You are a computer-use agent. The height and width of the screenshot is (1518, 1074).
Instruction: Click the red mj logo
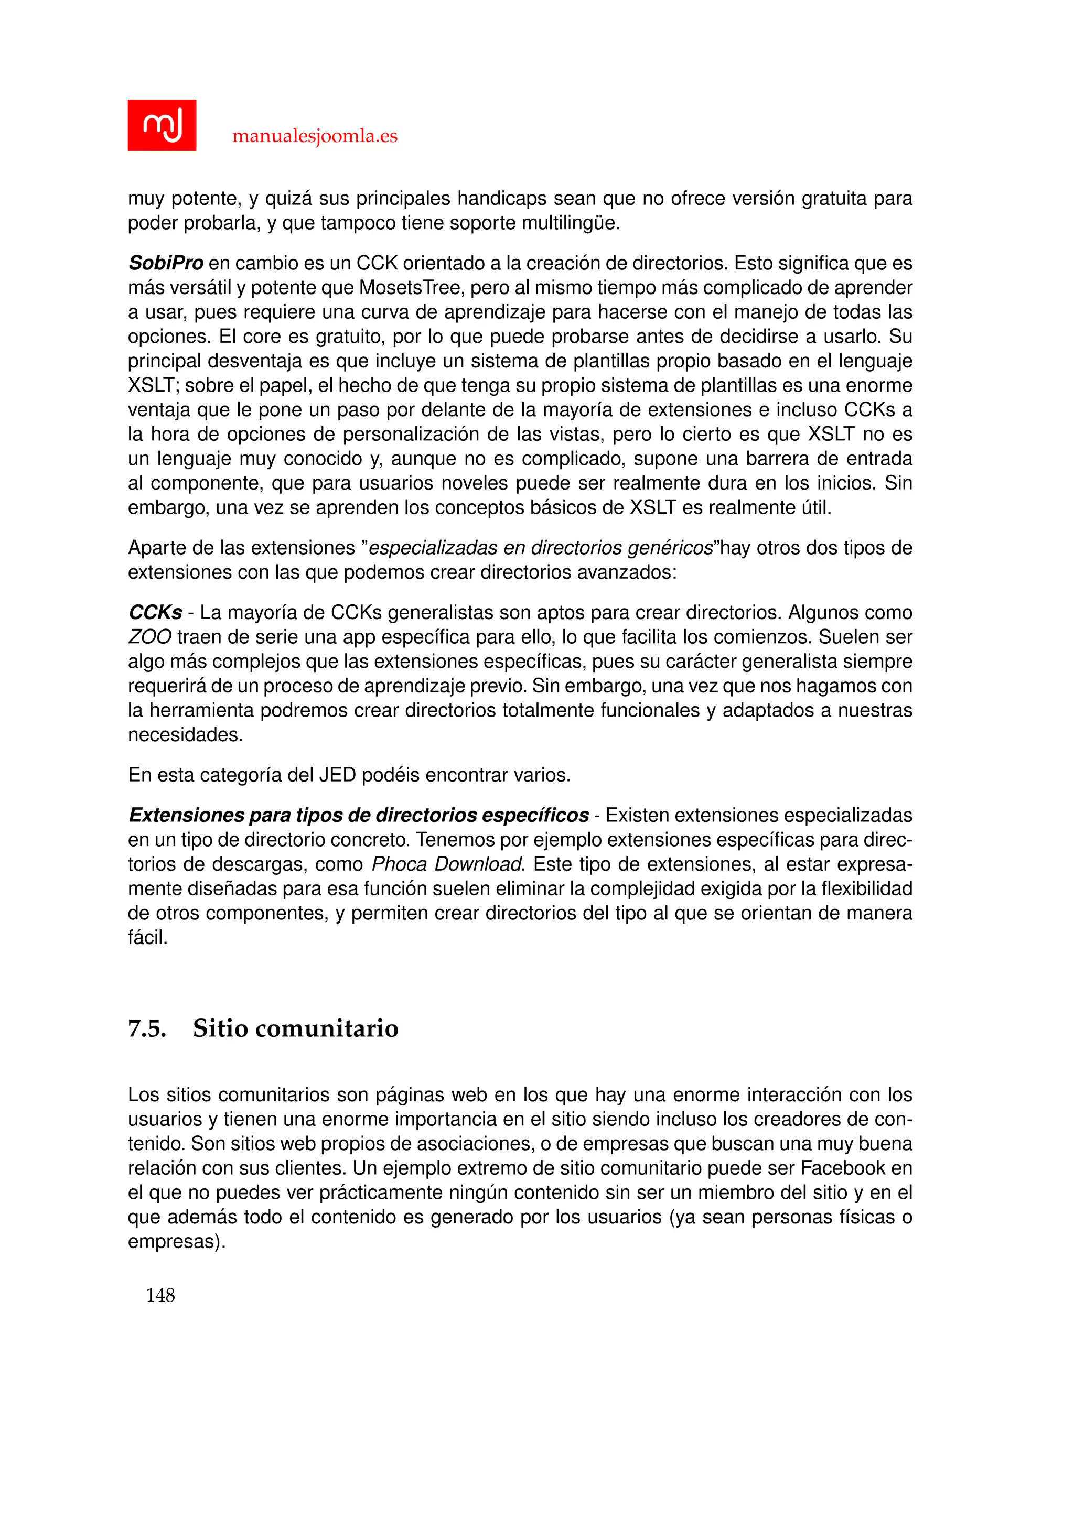tap(162, 125)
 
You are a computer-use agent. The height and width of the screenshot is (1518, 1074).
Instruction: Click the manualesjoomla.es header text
tap(315, 136)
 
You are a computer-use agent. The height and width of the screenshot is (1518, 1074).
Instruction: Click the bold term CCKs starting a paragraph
tap(155, 613)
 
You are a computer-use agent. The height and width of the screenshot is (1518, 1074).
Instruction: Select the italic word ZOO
tap(149, 637)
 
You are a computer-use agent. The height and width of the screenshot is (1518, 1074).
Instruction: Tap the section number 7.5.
tap(147, 1029)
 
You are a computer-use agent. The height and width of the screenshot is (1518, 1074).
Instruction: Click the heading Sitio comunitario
tap(296, 1029)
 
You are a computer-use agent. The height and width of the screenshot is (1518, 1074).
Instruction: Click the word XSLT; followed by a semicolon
tap(154, 385)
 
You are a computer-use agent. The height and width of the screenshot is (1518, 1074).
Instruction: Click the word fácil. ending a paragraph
tap(147, 938)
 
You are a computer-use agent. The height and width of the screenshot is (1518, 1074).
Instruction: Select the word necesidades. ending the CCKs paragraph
tap(185, 734)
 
